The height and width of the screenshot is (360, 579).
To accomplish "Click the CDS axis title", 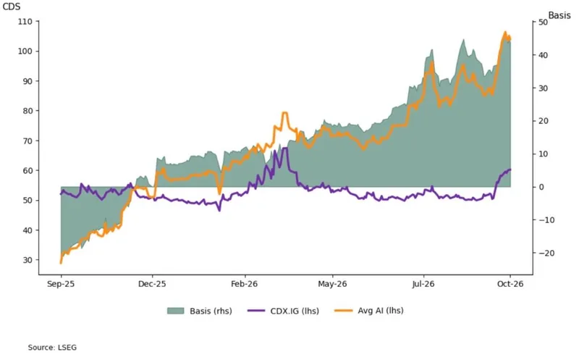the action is [12, 7].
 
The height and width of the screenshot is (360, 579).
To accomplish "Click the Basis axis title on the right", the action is [559, 15].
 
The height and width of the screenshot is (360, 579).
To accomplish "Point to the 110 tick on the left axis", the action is [25, 22].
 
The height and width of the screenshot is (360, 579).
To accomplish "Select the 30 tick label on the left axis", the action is [28, 260].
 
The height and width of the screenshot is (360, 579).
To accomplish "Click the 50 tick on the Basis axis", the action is [544, 22].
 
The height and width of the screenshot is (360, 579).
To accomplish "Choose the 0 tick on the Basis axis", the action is [541, 187].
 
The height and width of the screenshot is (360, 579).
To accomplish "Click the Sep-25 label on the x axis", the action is [61, 284].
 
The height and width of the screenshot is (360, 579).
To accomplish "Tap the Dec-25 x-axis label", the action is [152, 284].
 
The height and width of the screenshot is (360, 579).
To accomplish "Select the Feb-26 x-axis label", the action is [244, 284].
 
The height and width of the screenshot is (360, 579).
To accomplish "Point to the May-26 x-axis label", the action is [332, 284].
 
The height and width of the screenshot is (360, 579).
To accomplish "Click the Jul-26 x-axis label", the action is [423, 284].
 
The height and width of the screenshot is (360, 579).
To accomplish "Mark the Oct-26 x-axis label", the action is [510, 284].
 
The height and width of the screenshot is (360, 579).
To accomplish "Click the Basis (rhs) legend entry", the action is [200, 311].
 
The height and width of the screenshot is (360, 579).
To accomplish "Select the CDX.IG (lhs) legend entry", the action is [283, 311].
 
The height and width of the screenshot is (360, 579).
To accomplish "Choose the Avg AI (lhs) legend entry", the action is [369, 311].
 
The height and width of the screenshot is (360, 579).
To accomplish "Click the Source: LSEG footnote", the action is [52, 348].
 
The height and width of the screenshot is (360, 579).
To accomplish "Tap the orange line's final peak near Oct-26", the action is [504, 33].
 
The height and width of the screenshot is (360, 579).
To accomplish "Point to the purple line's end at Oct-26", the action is [510, 169].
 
